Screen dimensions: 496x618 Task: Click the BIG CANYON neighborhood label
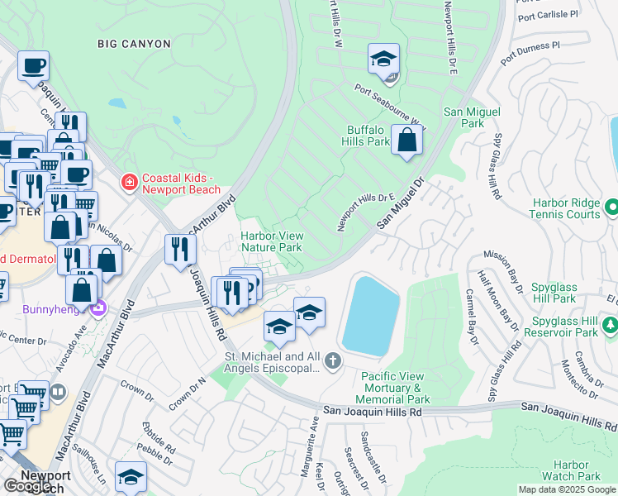pyautogui.click(x=134, y=43)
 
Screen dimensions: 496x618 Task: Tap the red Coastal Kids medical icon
pyautogui.click(x=129, y=181)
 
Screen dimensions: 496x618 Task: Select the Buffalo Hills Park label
pyautogui.click(x=366, y=136)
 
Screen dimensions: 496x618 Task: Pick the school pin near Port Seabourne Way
pyautogui.click(x=383, y=60)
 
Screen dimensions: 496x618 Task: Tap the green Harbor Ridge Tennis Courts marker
pyautogui.click(x=611, y=205)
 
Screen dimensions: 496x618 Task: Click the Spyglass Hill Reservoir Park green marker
pyautogui.click(x=611, y=325)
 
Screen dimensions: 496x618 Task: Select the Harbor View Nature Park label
pyautogui.click(x=271, y=241)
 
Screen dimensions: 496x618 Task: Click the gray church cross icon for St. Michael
pyautogui.click(x=332, y=360)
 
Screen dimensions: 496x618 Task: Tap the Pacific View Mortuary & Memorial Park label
pyautogui.click(x=393, y=388)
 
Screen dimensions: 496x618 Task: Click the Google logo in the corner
pyautogui.click(x=28, y=486)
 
